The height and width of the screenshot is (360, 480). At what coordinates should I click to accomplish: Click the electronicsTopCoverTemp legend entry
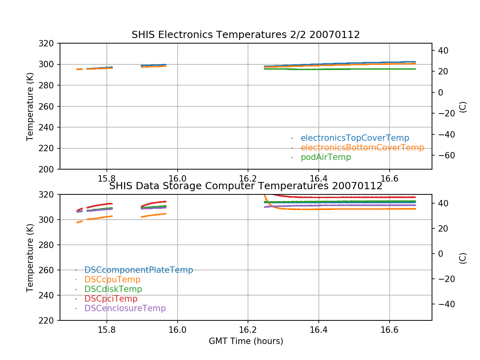coord(355,138)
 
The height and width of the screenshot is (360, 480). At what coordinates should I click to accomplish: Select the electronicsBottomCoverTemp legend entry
coord(362,148)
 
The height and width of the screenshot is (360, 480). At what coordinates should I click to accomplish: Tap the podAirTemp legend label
coord(326,157)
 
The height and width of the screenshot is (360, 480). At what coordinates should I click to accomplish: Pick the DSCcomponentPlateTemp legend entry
coord(138,270)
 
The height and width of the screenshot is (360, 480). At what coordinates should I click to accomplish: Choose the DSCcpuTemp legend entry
coord(112,280)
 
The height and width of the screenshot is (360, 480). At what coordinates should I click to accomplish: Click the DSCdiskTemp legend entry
coord(113,289)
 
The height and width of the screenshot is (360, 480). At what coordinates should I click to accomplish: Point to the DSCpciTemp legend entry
coord(111,299)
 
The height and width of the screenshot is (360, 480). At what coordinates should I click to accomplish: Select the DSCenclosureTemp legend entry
coord(125,308)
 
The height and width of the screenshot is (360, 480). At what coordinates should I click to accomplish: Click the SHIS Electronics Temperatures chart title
coord(246,35)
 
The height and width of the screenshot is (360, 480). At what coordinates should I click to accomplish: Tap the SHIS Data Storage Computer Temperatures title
coord(246,186)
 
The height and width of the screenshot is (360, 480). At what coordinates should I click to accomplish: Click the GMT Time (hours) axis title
coord(246,341)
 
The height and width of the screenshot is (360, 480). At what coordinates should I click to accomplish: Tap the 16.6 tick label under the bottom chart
coord(389,329)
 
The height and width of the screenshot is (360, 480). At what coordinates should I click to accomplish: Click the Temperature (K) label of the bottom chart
coord(30,257)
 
